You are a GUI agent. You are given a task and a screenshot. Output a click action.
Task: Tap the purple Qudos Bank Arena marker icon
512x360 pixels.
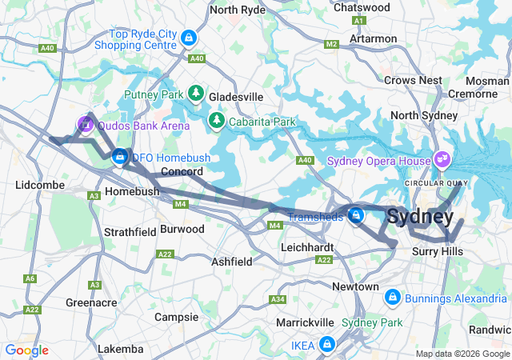tap(85, 124)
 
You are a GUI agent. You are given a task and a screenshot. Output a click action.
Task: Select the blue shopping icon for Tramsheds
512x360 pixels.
tap(356, 215)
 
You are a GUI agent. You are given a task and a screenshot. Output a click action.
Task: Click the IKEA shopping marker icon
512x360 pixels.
tap(326, 344)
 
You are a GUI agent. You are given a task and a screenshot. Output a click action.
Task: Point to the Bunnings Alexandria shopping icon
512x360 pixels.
tap(392, 298)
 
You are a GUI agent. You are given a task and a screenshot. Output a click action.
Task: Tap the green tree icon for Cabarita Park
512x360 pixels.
tap(216, 121)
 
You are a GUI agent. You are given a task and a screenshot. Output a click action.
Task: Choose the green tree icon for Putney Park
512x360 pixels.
tap(197, 94)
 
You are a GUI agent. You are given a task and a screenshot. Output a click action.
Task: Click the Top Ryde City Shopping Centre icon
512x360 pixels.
tap(188, 38)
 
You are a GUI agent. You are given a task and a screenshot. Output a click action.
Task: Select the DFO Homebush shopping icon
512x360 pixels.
tap(120, 156)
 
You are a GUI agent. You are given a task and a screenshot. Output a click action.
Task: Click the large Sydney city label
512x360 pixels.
tap(420, 216)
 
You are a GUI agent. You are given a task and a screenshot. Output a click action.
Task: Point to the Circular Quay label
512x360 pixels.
tap(436, 183)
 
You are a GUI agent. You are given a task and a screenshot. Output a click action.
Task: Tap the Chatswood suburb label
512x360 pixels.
tap(361, 7)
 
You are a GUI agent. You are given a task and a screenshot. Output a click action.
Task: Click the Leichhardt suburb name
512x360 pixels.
tap(307, 247)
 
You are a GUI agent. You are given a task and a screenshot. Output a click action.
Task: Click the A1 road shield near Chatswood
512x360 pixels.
tap(359, 21)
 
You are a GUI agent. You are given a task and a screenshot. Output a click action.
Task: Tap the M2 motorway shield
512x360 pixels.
tap(331, 46)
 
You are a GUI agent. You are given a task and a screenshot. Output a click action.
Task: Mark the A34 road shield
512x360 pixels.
tap(278, 299)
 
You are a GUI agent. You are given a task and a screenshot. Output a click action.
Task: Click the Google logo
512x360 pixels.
tap(26, 350)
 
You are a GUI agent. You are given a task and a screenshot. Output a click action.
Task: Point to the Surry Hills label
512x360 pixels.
tap(438, 251)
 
